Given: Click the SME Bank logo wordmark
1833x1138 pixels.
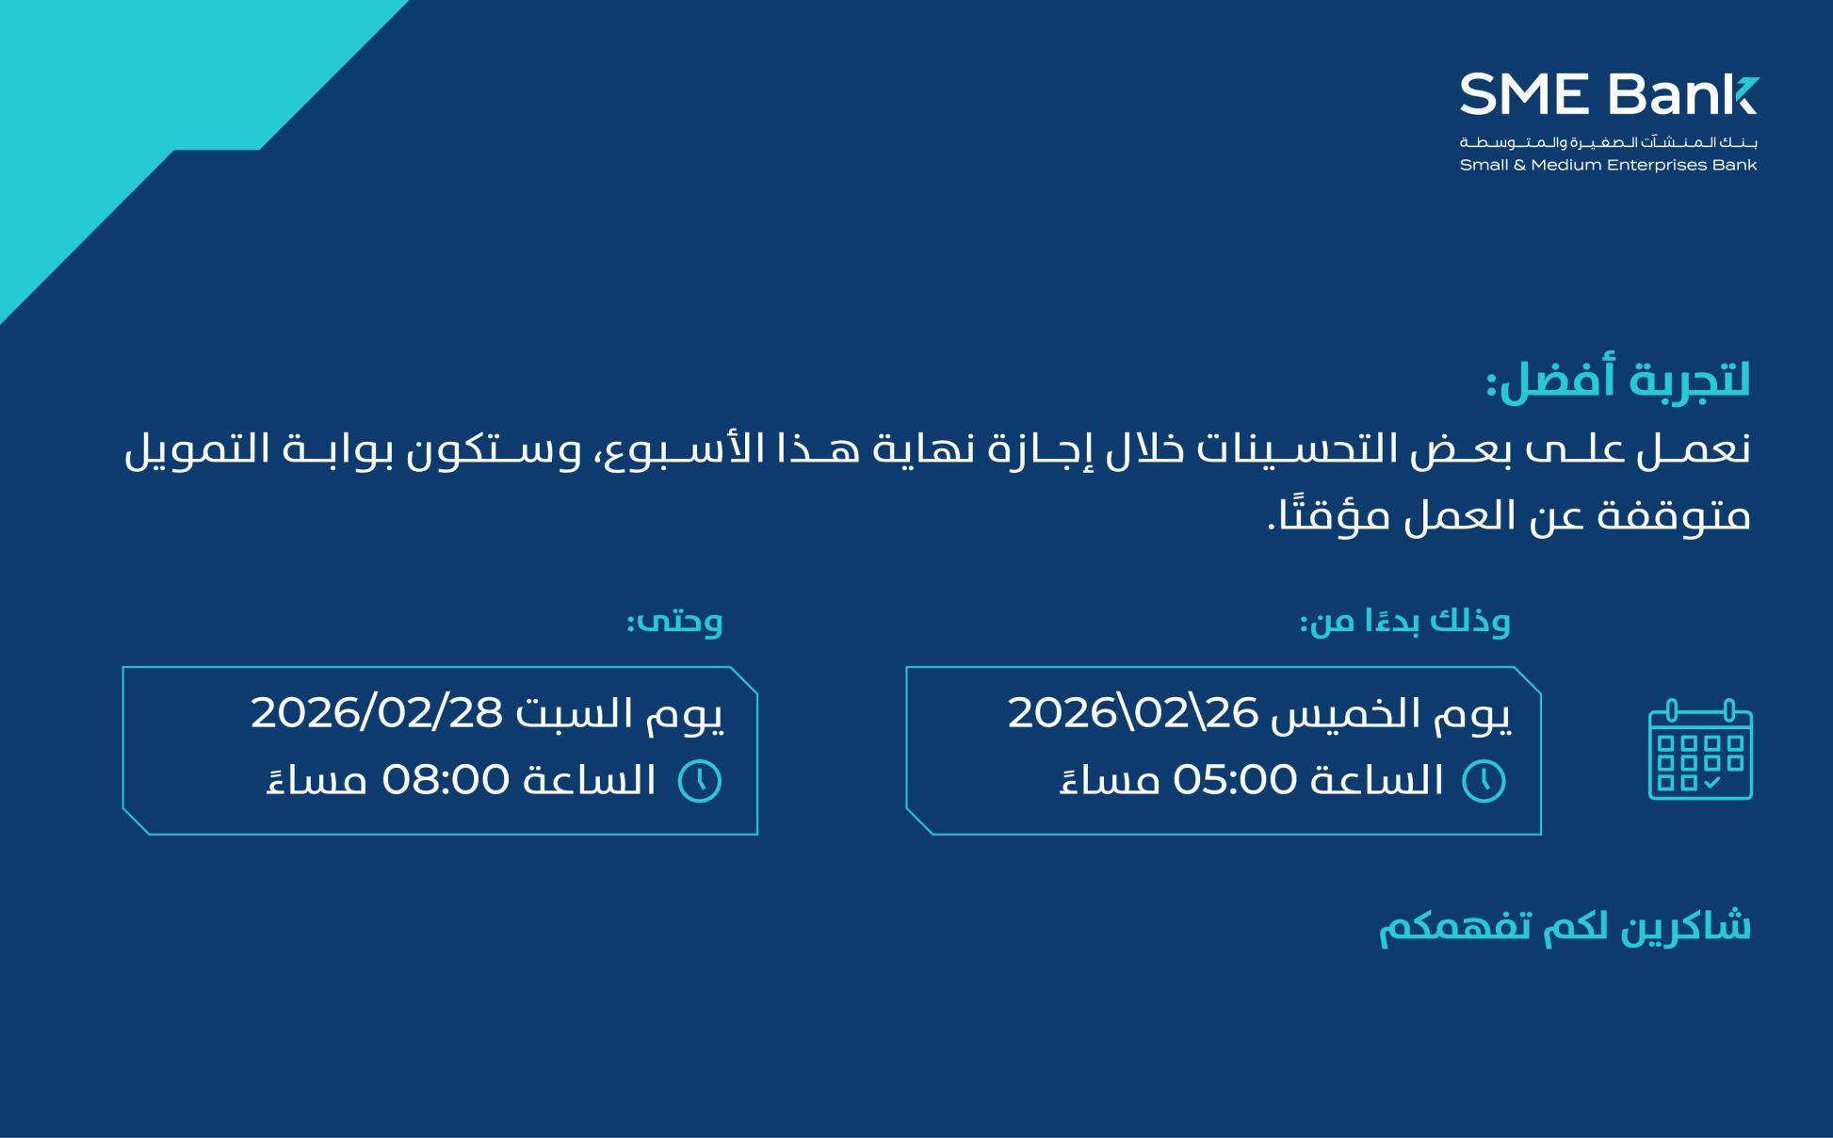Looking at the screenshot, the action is [x=1609, y=94].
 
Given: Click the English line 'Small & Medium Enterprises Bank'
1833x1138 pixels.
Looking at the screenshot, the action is [x=1608, y=165].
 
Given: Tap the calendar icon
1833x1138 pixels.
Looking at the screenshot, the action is [x=1700, y=750].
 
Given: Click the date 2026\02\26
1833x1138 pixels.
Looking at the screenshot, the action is [x=1133, y=713].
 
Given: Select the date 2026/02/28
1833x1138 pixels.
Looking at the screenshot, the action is [x=377, y=713].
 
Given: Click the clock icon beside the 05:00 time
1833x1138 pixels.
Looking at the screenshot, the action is [x=1484, y=781].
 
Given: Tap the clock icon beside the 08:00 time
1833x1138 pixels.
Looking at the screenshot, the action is [x=700, y=781].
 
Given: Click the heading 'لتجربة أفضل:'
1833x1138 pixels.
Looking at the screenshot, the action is [x=1618, y=382].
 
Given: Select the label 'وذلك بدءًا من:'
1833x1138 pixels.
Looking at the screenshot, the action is [x=1404, y=621].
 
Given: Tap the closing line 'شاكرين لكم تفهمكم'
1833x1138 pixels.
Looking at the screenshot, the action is [x=1565, y=927].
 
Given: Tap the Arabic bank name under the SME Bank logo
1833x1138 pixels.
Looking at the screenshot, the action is [x=1609, y=142].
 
